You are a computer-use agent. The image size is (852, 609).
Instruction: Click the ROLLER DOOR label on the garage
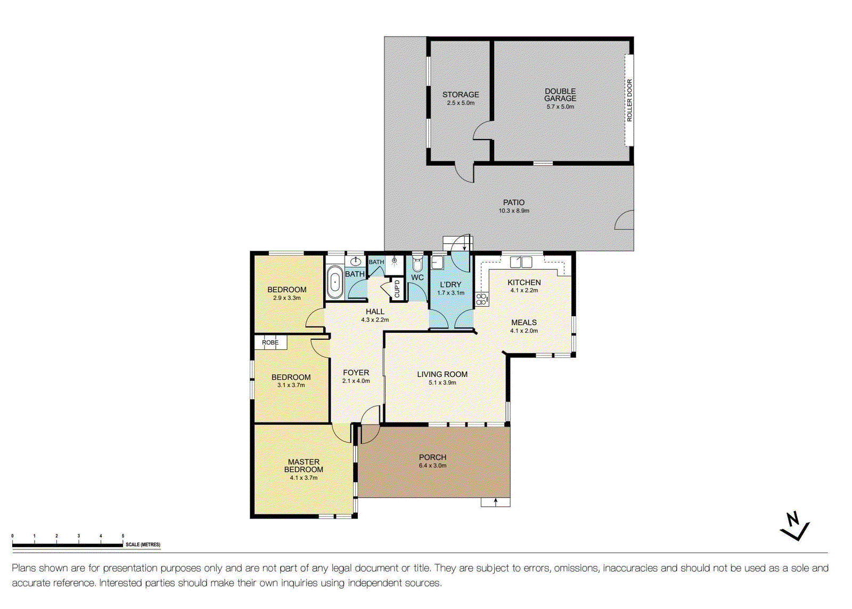[x=630, y=101]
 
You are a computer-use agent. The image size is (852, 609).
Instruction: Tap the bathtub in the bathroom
[x=335, y=283]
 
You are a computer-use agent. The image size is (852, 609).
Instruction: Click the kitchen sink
[x=521, y=262]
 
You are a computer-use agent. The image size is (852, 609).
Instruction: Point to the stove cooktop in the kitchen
[x=482, y=299]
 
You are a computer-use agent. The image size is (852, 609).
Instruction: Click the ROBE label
[x=270, y=342]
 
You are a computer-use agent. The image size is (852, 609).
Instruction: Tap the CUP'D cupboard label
[x=397, y=289]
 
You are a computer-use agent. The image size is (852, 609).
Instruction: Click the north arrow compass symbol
[x=795, y=526]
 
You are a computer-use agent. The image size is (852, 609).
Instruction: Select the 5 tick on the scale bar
[x=123, y=536]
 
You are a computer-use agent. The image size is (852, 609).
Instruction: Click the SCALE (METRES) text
[x=143, y=545]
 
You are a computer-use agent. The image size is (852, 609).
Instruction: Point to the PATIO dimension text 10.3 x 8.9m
[x=514, y=211]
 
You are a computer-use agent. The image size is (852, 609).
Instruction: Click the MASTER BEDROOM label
[x=304, y=466]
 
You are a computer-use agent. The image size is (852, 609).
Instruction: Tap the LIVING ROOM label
[x=443, y=374]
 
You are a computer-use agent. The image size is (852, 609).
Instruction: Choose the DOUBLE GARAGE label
[x=560, y=95]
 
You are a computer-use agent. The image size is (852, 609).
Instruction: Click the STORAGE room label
[x=461, y=95]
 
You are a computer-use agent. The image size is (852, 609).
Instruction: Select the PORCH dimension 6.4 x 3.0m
[x=433, y=466]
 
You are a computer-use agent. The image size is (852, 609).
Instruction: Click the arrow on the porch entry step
[x=496, y=502]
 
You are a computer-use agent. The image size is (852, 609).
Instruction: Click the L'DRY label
[x=450, y=285]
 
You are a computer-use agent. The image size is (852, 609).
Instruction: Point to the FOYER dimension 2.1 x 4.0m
[x=356, y=381]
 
